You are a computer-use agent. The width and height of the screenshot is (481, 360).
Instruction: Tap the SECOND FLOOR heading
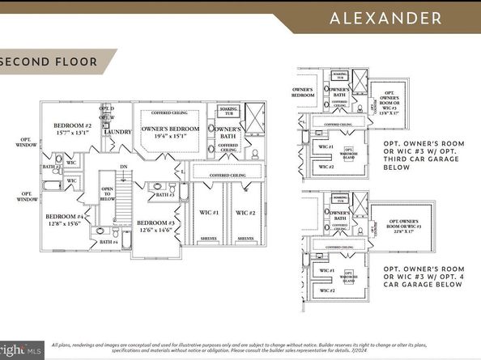(50, 61)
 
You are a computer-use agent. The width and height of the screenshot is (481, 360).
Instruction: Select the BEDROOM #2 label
(72, 126)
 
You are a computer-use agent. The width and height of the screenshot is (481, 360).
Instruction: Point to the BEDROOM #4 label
(63, 217)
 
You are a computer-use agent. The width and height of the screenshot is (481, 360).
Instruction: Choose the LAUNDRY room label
(117, 132)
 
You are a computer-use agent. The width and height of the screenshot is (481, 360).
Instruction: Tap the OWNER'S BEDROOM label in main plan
(171, 129)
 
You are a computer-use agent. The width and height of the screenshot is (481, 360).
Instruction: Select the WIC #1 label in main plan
(210, 213)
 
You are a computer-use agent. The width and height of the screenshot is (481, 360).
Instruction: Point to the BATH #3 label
(165, 195)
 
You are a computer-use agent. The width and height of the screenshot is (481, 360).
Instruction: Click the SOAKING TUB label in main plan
(228, 109)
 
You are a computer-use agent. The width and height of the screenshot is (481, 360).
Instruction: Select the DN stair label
(124, 167)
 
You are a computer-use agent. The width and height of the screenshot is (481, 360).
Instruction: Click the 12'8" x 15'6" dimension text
(63, 226)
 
